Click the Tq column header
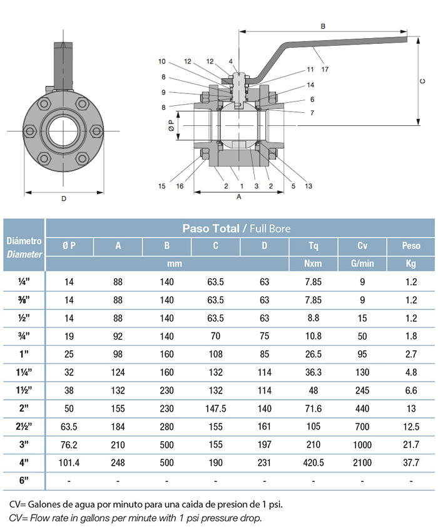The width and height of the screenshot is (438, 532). [313, 246]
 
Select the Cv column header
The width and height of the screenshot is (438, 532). [362, 246]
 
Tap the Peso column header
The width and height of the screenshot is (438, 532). [411, 246]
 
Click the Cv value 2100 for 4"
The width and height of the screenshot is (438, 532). [362, 463]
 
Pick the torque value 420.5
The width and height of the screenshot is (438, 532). [313, 463]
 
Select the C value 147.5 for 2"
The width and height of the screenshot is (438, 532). [215, 409]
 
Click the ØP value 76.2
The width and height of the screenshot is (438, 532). [69, 445]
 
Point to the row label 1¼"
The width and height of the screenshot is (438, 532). [24, 372]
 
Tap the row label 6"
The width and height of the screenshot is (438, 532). [24, 481]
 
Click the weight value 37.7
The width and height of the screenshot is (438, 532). [411, 463]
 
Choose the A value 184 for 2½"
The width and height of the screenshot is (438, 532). [118, 427]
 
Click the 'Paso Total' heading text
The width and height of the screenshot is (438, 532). [211, 228]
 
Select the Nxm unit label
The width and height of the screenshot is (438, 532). [313, 264]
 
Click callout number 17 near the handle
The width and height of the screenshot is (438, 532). [325, 69]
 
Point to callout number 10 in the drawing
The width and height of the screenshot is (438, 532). [162, 61]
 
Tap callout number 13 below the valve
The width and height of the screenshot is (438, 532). [308, 186]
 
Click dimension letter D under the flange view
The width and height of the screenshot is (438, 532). [64, 199]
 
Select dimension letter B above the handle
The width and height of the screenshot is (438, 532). [323, 26]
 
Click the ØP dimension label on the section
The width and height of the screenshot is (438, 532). [171, 125]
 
